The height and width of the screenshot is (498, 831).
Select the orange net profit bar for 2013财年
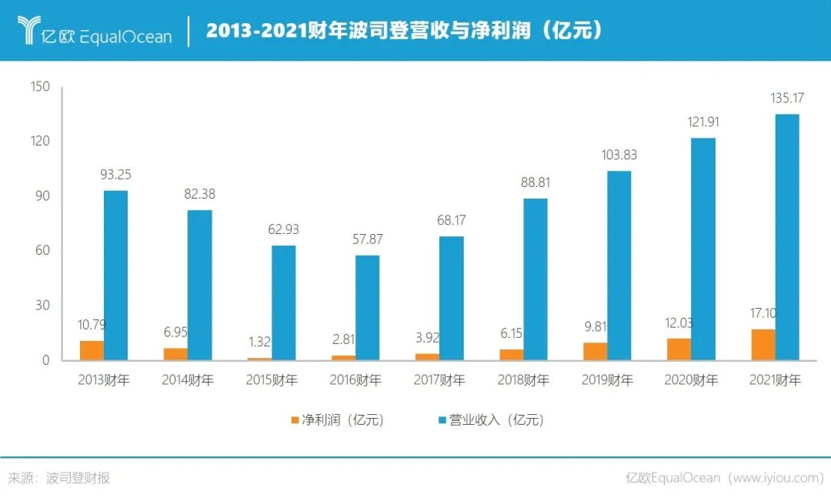click(x=92, y=350)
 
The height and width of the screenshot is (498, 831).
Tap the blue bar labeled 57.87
click(x=368, y=307)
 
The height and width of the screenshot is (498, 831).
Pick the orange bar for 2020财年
click(x=679, y=349)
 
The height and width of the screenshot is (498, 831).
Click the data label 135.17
click(x=787, y=99)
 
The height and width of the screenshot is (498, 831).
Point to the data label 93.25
click(x=116, y=175)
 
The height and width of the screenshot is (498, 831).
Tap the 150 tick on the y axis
click(x=40, y=87)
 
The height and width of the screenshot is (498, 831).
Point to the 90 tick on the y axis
click(x=42, y=196)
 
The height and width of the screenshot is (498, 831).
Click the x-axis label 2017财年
click(x=439, y=380)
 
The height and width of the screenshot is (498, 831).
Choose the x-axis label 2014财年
click(x=188, y=380)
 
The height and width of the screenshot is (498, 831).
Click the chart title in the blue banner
click(x=404, y=31)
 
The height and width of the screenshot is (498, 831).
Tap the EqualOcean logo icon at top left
click(x=29, y=30)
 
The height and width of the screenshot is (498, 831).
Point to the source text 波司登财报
click(x=78, y=478)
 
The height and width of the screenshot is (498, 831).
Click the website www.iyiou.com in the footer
click(x=777, y=478)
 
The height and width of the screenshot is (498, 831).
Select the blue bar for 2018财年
click(x=536, y=279)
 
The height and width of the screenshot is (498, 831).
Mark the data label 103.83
click(x=619, y=155)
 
